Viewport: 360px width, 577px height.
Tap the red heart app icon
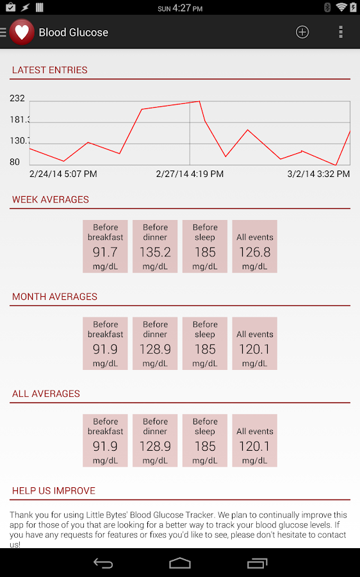tap(22, 32)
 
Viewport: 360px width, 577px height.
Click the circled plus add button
tap(302, 32)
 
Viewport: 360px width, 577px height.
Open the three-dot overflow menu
tap(341, 32)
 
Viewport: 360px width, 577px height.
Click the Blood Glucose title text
tap(74, 32)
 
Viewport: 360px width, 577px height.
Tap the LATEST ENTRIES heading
tap(50, 70)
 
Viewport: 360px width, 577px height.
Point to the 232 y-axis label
tap(17, 98)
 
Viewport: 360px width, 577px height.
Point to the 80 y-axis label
tap(15, 162)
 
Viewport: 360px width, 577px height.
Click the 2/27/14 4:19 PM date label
tap(190, 174)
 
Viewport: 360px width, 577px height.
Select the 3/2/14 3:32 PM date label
tap(318, 174)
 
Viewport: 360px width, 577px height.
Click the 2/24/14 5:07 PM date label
tap(63, 174)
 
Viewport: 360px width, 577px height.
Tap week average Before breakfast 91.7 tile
tap(105, 247)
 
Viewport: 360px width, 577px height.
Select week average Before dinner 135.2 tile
tap(155, 247)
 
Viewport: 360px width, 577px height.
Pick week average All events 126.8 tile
tap(254, 247)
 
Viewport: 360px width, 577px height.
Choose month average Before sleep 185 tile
tap(205, 344)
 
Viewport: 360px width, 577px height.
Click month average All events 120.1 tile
tap(254, 344)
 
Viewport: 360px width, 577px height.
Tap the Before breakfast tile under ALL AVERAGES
tap(105, 440)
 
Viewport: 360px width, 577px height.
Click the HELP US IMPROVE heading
tap(54, 490)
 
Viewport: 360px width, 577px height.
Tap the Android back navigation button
tap(103, 563)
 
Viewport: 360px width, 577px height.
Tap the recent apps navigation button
tap(257, 563)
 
